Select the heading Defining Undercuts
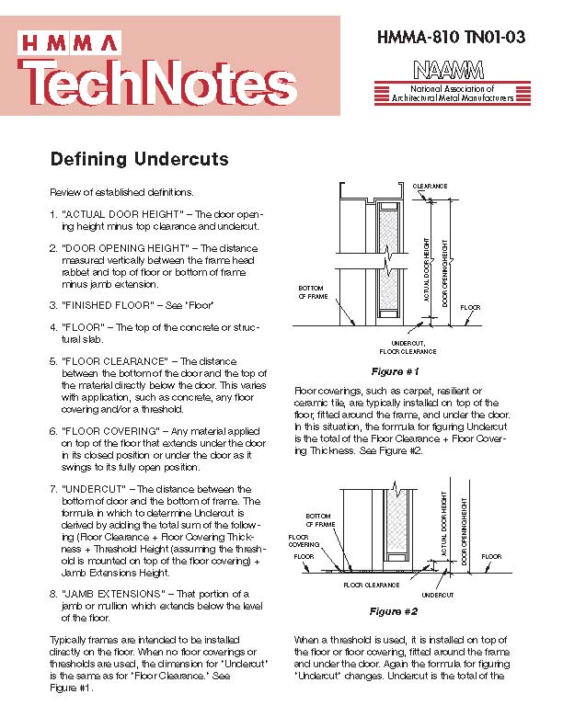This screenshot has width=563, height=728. click(139, 159)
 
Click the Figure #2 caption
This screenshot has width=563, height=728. click(394, 611)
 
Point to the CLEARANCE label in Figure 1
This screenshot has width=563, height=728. click(430, 186)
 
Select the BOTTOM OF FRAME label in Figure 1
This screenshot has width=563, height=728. click(313, 292)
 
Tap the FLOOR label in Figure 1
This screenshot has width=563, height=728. click(470, 306)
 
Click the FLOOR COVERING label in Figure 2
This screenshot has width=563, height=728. click(304, 540)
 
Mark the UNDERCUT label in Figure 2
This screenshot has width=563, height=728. click(438, 594)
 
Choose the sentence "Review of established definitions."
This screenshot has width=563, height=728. click(121, 192)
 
